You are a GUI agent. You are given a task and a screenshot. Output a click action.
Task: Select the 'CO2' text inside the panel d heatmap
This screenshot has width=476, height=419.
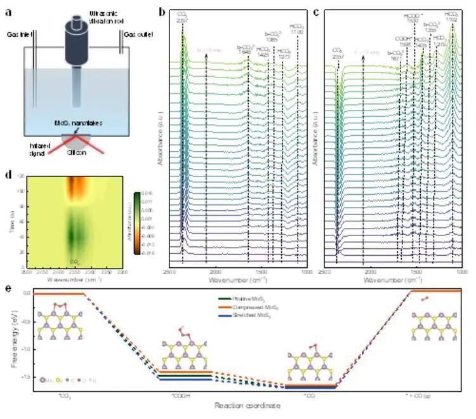[x=74, y=261]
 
